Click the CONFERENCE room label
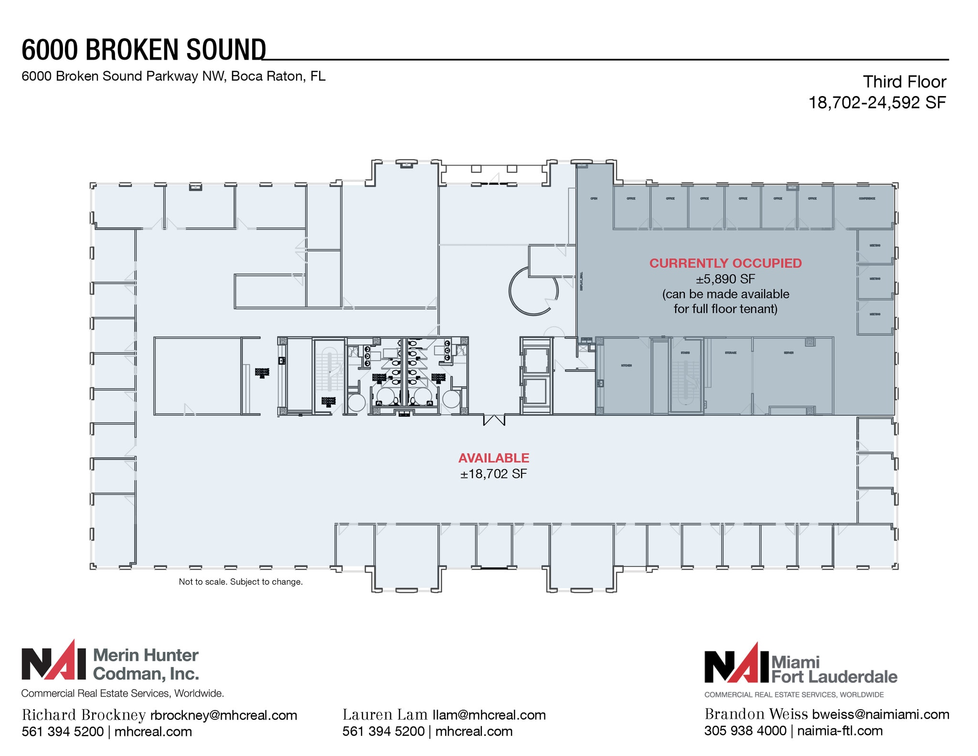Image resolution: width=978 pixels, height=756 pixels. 867,198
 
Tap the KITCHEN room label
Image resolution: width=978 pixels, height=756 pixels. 626,365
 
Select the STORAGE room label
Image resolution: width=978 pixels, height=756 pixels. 730,352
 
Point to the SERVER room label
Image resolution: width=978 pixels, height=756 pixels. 788,352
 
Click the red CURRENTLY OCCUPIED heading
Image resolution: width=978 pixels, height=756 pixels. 725,263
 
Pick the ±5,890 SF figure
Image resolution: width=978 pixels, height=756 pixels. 725,279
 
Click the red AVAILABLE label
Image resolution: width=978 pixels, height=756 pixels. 493,458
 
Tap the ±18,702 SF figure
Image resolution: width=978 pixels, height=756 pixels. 493,474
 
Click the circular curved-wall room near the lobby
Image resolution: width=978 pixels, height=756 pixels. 532,291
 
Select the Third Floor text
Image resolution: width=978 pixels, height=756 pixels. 904,82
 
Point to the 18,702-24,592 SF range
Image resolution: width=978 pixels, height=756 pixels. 877,102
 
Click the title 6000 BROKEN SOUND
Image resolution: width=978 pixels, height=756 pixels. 143,50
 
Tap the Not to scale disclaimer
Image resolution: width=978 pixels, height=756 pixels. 241,582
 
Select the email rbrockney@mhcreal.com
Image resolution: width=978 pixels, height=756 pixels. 223,715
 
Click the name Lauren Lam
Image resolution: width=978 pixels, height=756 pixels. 384,714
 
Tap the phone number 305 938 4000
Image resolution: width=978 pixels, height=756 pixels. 745,731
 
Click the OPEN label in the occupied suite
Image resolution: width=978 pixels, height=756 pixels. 594,198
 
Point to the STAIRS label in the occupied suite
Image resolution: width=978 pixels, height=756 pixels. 685,352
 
